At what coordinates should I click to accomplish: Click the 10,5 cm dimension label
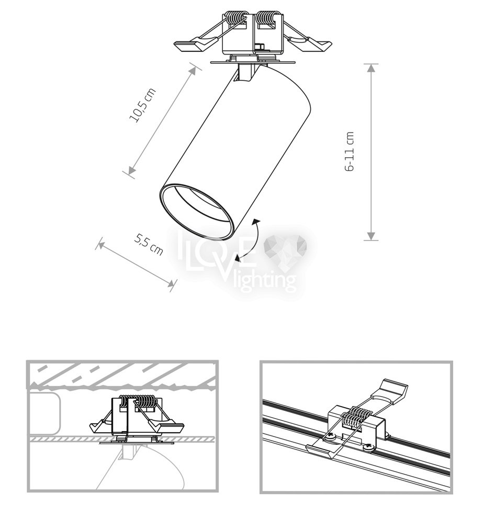pos(142,105)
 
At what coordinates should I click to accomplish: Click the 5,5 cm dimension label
pos(149,244)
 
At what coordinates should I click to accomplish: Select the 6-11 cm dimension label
pos(349,151)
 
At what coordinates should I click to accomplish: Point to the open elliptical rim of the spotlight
pos(196,211)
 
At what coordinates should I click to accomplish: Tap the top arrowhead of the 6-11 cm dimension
pos(370,68)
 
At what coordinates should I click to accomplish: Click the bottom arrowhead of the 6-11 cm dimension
pos(370,236)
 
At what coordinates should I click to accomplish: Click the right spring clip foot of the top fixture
pos(314,45)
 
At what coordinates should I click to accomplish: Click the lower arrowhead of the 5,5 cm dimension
pos(171,283)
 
